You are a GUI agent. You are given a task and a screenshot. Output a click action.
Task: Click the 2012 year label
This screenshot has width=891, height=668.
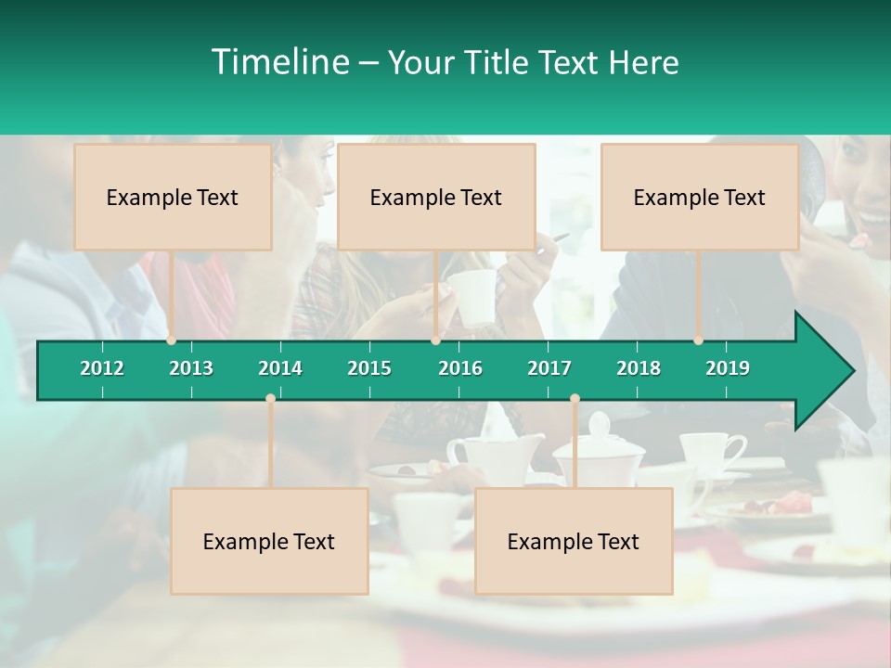102,368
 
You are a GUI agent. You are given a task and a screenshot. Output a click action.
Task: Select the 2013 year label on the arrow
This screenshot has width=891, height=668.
191,368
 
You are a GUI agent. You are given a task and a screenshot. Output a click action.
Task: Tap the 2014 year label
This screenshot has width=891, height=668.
280,368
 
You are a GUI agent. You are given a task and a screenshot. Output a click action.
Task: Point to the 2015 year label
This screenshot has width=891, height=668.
369,368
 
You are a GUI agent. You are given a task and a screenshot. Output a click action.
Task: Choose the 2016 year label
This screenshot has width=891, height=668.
460,368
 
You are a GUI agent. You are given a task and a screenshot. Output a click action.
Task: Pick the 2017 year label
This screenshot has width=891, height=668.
549,368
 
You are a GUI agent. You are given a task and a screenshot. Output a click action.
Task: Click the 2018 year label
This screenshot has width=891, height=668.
639,368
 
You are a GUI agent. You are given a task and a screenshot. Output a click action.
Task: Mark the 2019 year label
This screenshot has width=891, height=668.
728,368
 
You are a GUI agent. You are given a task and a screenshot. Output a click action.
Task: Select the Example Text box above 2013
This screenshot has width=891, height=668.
173,197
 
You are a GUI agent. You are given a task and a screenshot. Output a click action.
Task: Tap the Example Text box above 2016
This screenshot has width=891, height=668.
436,197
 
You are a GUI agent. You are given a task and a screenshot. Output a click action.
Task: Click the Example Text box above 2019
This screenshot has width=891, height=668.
700,197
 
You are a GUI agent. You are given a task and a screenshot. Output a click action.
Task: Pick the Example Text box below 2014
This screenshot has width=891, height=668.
269,541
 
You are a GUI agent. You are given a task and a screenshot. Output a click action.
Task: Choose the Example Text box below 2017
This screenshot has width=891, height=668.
574,541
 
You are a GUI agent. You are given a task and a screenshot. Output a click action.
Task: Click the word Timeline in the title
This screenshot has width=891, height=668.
279,62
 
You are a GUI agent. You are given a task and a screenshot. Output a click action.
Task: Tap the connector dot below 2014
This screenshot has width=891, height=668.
270,399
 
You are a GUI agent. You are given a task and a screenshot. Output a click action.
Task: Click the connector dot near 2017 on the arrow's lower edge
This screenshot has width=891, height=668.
575,399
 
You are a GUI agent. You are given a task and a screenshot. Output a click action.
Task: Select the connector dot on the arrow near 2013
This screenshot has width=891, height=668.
172,340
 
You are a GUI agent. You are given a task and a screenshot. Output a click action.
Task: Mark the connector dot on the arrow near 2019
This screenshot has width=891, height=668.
698,340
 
